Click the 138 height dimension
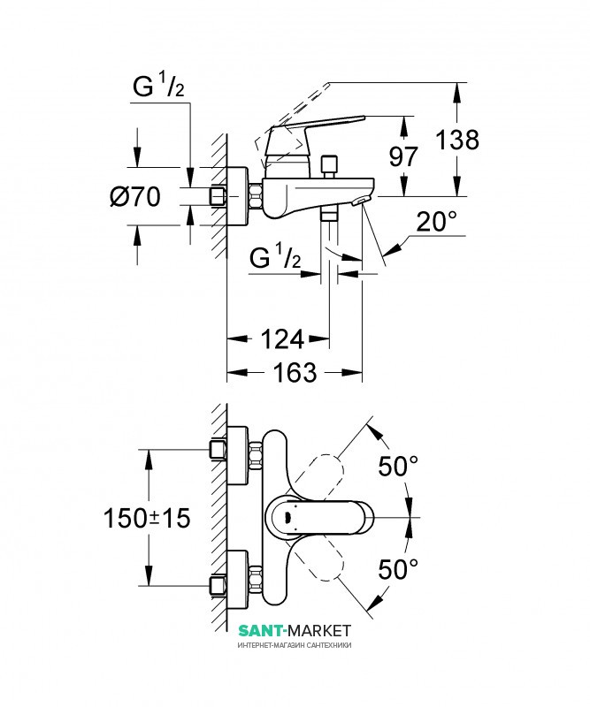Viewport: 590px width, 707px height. tap(457, 140)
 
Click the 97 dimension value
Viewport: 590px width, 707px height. tap(403, 156)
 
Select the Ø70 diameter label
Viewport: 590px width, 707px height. tap(135, 197)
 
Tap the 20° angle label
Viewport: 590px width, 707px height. tap(436, 222)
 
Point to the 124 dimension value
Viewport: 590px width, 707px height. tap(282, 339)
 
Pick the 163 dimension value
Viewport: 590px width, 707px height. tap(295, 373)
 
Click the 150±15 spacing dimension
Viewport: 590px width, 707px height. tap(147, 518)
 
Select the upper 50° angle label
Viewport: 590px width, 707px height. tap(398, 466)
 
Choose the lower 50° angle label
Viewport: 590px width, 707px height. tap(398, 569)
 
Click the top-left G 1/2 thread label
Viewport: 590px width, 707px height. tap(158, 87)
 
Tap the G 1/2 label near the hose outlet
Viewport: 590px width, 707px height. tap(275, 257)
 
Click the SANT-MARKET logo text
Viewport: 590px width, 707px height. tap(295, 630)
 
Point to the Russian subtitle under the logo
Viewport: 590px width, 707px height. tap(295, 645)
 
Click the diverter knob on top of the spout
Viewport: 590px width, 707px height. tap(329, 166)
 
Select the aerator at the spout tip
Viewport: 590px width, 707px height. tap(361, 201)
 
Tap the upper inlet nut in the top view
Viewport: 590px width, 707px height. tap(218, 450)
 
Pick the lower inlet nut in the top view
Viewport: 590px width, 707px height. tap(218, 585)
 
